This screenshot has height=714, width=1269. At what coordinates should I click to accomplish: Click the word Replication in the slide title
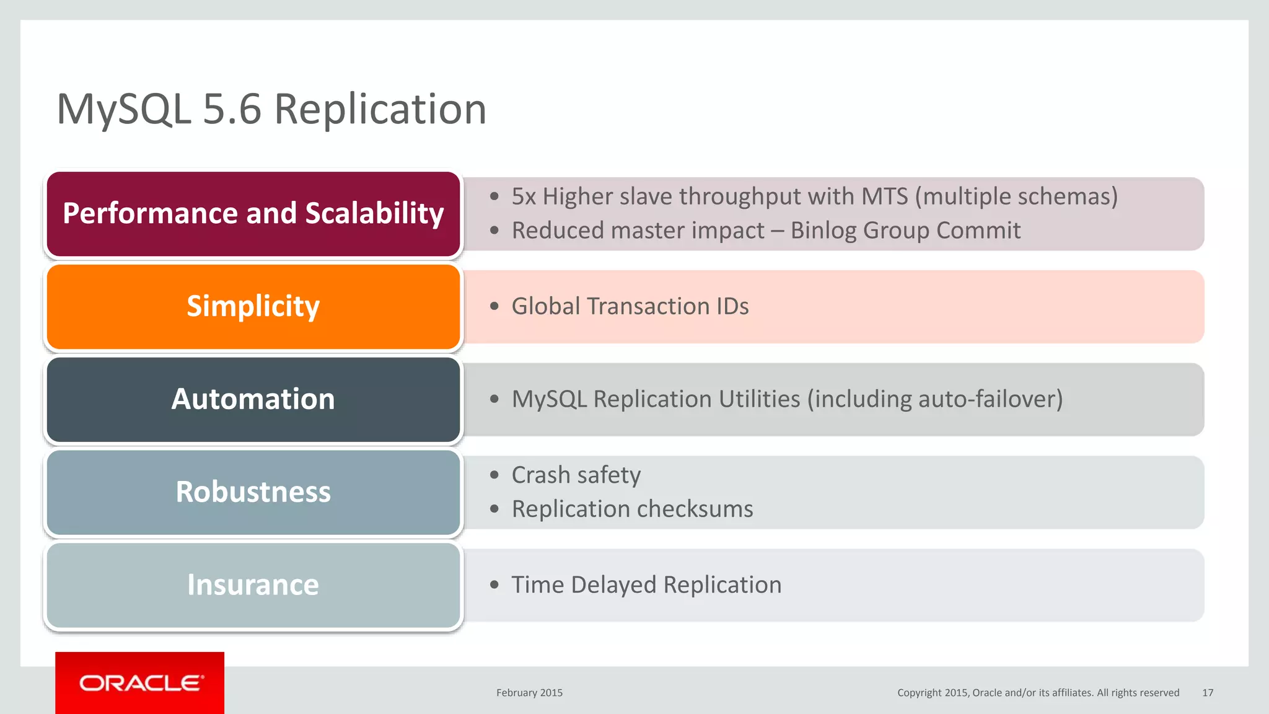click(380, 110)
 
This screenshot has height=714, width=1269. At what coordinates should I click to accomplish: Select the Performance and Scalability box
click(253, 214)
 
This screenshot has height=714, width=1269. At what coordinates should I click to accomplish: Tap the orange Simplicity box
click(253, 307)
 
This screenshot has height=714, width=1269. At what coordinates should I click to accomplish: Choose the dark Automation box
click(253, 400)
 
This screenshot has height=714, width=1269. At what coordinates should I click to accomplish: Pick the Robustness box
click(253, 493)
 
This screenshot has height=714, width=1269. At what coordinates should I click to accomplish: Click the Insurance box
click(253, 586)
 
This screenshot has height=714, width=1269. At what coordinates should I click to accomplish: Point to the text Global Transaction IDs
click(630, 306)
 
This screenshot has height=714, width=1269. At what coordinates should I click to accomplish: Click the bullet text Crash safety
click(576, 475)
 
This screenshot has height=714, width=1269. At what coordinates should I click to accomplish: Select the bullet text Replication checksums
click(632, 509)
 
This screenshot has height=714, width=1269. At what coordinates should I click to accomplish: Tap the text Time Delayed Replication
click(646, 585)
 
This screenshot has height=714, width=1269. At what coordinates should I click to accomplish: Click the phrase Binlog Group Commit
click(905, 231)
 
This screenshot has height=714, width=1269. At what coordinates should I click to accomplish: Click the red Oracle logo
click(140, 683)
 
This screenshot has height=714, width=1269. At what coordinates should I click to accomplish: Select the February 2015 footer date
click(529, 693)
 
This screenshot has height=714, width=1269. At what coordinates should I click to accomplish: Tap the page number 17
click(1208, 693)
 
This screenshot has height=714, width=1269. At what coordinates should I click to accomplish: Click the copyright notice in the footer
click(1038, 693)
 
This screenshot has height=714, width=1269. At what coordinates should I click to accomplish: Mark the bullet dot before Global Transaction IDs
click(494, 306)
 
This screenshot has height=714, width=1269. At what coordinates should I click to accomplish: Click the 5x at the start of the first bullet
click(524, 196)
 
